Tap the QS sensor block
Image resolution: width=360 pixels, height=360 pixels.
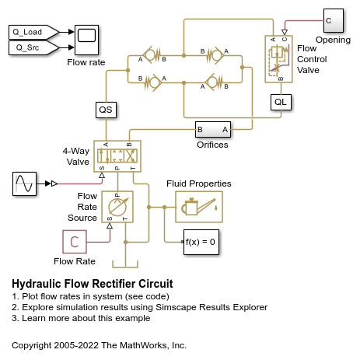click(x=106, y=110)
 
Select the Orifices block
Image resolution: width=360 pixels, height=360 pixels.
click(x=212, y=129)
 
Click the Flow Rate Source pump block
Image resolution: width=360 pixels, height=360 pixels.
click(x=117, y=207)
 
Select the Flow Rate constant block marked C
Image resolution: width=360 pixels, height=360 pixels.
click(x=75, y=243)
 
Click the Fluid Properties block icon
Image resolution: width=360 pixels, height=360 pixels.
click(x=198, y=208)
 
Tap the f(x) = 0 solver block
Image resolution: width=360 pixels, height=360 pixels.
click(x=199, y=242)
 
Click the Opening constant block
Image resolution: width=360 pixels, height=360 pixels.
click(x=330, y=19)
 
